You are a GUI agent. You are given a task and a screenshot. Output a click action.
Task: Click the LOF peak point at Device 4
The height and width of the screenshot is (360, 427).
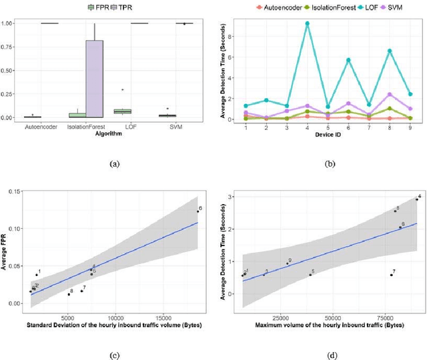coord(307,23)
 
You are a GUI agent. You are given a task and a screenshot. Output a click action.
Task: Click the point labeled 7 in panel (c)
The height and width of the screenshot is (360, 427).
coord(81,291)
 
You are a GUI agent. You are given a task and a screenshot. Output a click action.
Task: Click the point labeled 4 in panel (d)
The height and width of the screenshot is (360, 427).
coord(416,199)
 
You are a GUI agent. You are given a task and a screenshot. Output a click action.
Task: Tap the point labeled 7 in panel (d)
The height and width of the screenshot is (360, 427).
coord(391,275)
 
